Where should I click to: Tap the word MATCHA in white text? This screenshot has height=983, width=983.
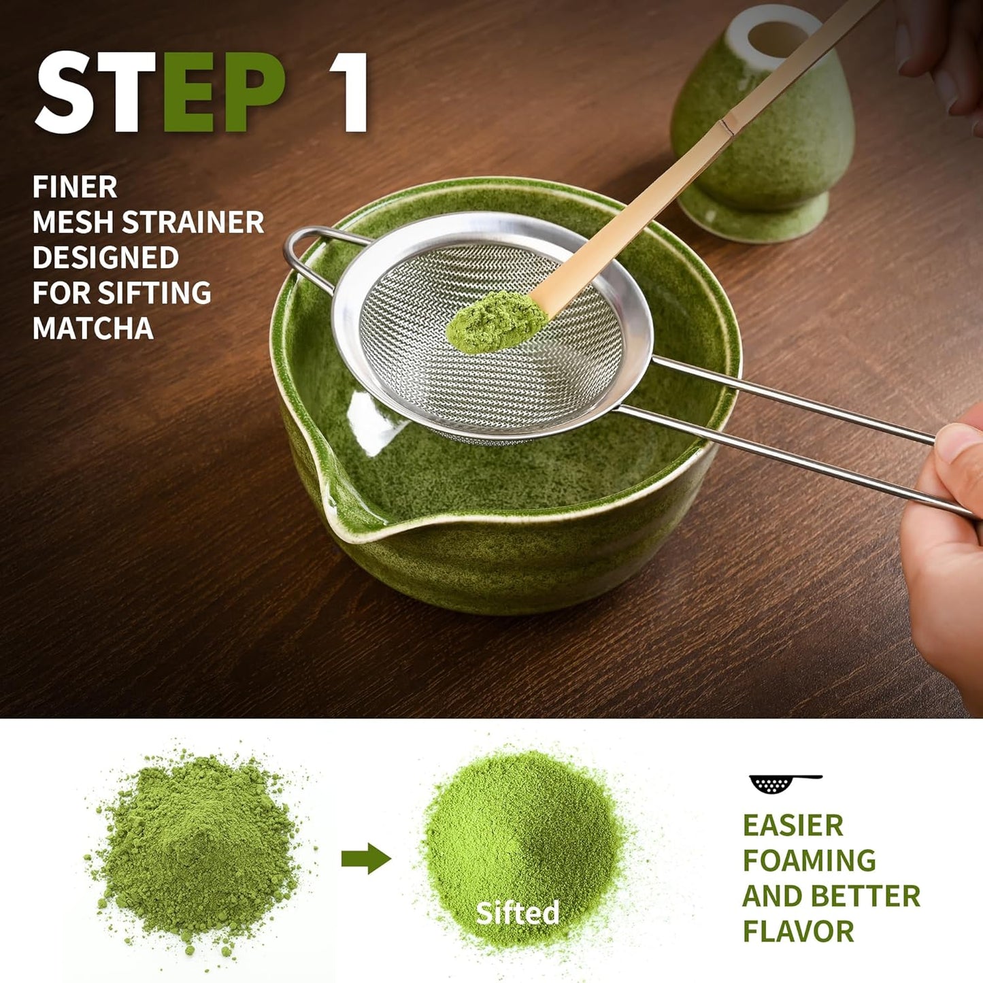[x=93, y=329]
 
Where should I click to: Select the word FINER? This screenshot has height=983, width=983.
[x=75, y=187]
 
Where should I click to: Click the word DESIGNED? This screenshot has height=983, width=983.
[x=105, y=258]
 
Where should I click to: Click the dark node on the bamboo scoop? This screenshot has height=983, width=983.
[x=726, y=127]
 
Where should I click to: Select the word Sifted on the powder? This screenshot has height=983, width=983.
[x=517, y=912]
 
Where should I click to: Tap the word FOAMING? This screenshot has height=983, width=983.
[x=809, y=861]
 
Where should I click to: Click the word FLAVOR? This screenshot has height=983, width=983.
[x=798, y=931]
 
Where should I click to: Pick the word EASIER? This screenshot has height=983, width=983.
[x=793, y=825]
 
